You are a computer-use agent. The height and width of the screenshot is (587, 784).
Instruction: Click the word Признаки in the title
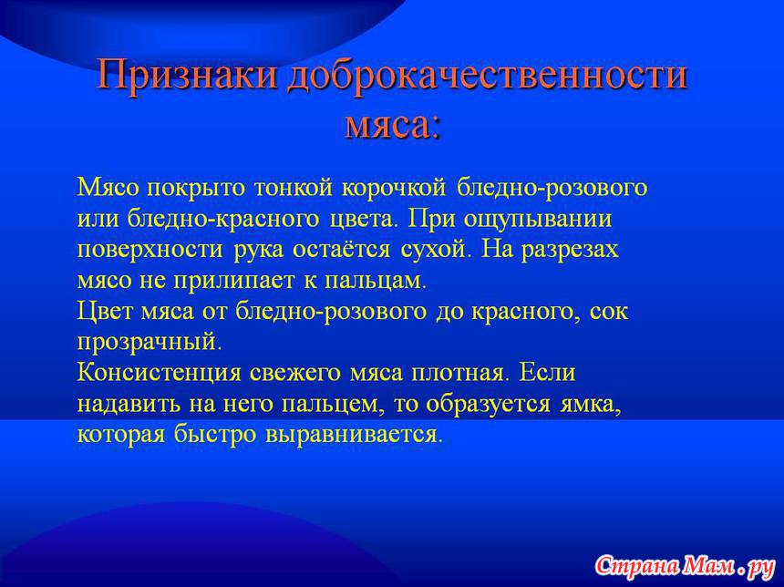coord(187,76)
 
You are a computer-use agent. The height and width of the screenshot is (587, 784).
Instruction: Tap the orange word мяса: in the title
coord(393,123)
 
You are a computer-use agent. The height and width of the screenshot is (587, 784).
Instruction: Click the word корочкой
coord(394,188)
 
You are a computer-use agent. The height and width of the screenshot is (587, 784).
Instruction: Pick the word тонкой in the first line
coord(294,188)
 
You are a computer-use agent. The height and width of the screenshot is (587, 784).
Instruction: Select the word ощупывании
coord(538,220)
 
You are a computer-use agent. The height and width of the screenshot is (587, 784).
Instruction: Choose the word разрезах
coord(570,250)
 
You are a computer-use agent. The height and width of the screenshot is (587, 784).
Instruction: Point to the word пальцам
coord(376,281)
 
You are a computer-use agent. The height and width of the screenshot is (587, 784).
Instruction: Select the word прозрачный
coord(149,343)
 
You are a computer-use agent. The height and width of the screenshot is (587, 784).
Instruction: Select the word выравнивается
coord(354,435)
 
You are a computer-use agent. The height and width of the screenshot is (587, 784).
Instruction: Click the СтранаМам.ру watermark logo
coord(685,566)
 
